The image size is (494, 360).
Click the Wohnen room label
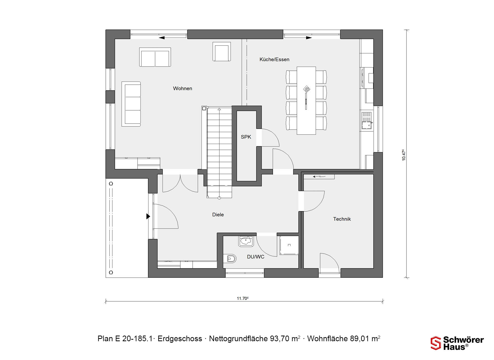click(182, 88)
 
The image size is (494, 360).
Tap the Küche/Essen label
click(274, 59)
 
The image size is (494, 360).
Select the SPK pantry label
click(246, 137)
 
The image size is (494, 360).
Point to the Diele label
click(218, 215)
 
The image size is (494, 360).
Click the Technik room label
click(342, 219)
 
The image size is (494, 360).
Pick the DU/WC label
click(255, 257)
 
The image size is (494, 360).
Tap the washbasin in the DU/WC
click(246, 241)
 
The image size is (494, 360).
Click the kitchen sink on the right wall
click(367, 120)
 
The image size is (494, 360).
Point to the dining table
click(306, 101)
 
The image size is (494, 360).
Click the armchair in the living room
click(222, 51)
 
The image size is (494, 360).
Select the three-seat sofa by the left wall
click(131, 104)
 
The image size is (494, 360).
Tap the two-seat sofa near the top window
click(155, 57)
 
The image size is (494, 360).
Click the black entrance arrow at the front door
click(148, 217)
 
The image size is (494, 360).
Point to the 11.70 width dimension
click(243, 299)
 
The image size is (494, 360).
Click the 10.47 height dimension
click(404, 155)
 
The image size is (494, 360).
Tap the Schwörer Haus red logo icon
click(436, 343)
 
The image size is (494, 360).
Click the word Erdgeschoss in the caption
click(180, 339)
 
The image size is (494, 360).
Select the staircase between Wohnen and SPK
click(219, 153)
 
